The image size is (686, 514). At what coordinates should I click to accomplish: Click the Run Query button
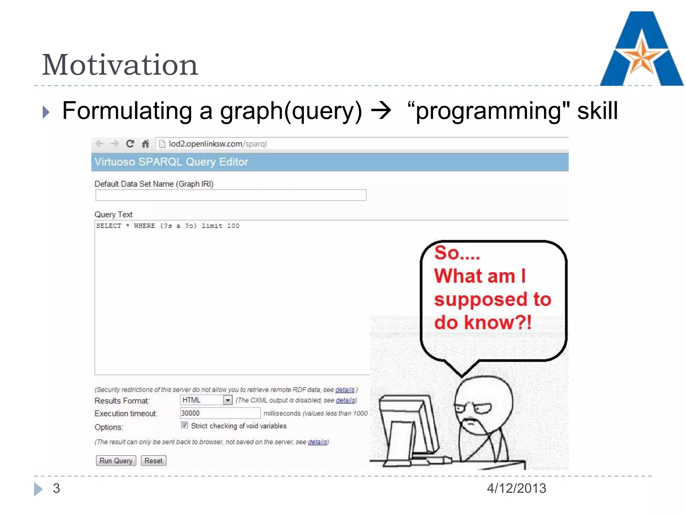pyautogui.click(x=116, y=461)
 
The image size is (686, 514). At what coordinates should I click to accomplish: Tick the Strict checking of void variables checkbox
pyautogui.click(x=185, y=425)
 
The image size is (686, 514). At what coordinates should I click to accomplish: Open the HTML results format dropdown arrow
pyautogui.click(x=228, y=400)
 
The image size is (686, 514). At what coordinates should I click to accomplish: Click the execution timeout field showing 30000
pyautogui.click(x=220, y=413)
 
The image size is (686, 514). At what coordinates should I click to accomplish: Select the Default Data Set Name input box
pyautogui.click(x=230, y=195)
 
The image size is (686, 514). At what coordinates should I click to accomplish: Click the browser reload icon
pyautogui.click(x=130, y=144)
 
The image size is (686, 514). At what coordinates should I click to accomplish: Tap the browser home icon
pyautogui.click(x=145, y=144)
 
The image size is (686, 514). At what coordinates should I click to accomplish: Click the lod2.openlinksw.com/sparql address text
pyautogui.click(x=218, y=144)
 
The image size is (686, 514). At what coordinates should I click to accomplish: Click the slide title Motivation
pyautogui.click(x=120, y=65)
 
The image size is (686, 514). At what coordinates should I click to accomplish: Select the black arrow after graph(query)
pyautogui.click(x=381, y=111)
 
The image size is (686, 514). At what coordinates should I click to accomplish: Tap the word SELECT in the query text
pyautogui.click(x=109, y=226)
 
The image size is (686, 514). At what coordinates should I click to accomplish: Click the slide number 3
pyautogui.click(x=56, y=488)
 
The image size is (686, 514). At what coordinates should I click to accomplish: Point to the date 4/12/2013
pyautogui.click(x=516, y=488)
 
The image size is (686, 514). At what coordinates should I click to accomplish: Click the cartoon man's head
pyautogui.click(x=483, y=402)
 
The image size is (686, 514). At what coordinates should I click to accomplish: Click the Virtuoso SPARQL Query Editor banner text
pyautogui.click(x=171, y=162)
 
